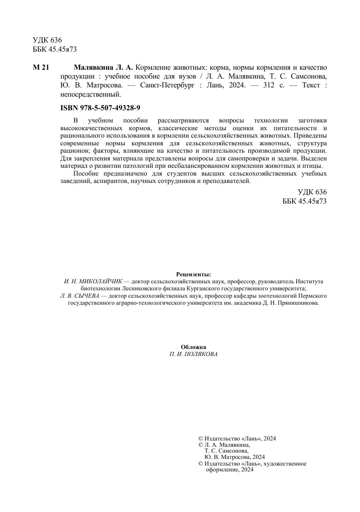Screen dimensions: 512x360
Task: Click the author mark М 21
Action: click(x=41, y=68)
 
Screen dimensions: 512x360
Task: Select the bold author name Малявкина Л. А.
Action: click(x=103, y=68)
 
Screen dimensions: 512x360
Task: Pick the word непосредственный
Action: click(x=90, y=94)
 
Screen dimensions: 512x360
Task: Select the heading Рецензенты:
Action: click(x=193, y=274)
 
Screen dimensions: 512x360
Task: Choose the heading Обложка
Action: click(x=193, y=347)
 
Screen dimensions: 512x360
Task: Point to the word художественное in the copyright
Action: click(x=287, y=464)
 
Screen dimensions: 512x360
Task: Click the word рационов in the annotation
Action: click(x=74, y=151)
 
